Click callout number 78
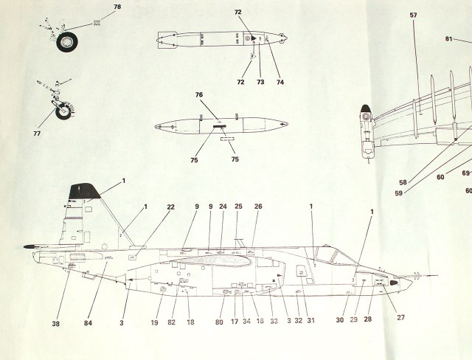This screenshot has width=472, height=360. tap(117, 7)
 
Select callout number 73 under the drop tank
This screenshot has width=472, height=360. tap(260, 82)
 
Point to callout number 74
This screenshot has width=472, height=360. tap(280, 82)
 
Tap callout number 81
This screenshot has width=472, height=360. tap(448, 39)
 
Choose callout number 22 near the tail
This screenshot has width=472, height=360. tap(170, 207)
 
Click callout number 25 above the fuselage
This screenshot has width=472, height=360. tap(238, 207)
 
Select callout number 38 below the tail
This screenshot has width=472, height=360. tap(56, 323)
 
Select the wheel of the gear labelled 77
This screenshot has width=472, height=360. tap(65, 113)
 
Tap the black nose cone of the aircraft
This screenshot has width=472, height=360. tap(397, 283)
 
